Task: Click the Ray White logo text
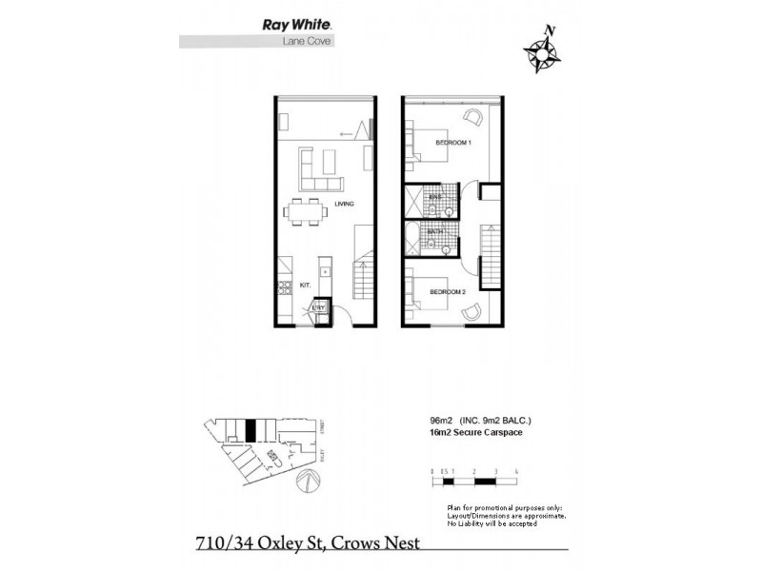click(x=291, y=26)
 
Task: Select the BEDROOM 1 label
click(x=453, y=143)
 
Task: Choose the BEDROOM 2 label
click(x=447, y=291)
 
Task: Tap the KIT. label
click(x=307, y=285)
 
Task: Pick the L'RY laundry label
click(x=320, y=308)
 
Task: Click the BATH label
click(x=433, y=231)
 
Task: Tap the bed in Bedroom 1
click(x=425, y=145)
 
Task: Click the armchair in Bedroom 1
click(x=474, y=117)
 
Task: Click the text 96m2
click(x=441, y=420)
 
